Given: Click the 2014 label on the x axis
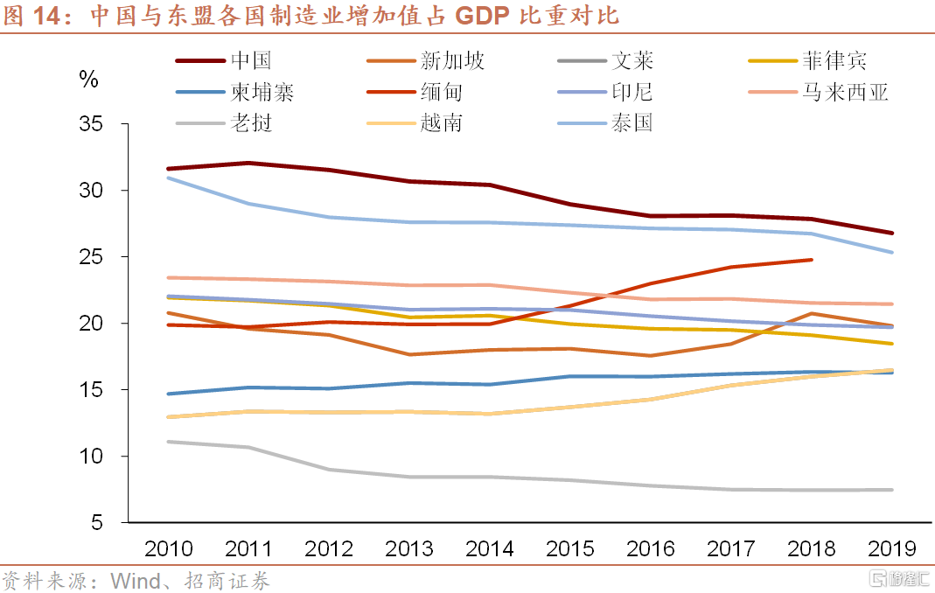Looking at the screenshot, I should click(x=490, y=549).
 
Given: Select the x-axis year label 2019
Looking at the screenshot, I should click(x=892, y=549).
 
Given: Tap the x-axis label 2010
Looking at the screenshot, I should click(x=169, y=549).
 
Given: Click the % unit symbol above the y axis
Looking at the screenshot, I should click(x=89, y=80).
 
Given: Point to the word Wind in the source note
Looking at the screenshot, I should click(x=134, y=581).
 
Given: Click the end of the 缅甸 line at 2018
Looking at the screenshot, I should click(x=812, y=260).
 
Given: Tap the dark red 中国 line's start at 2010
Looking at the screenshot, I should click(x=169, y=169).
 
